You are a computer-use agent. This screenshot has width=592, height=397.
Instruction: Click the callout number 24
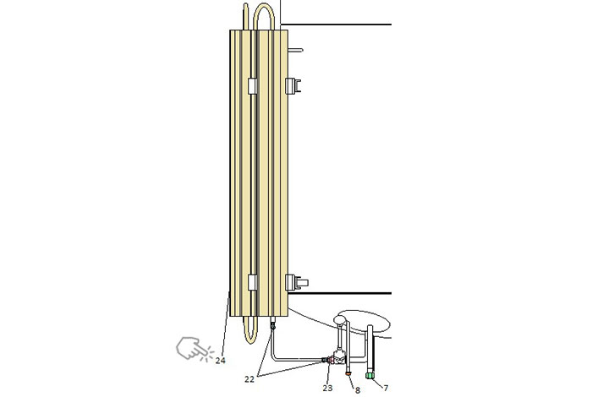pyautogui.click(x=221, y=361)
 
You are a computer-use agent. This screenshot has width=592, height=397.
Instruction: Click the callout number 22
pyautogui.click(x=249, y=379)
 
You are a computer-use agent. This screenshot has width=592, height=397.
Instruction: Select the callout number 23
pyautogui.click(x=327, y=388)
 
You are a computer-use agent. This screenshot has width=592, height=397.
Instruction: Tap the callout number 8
pyautogui.click(x=358, y=390)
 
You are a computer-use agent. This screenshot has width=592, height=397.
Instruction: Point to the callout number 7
pyautogui.click(x=386, y=388)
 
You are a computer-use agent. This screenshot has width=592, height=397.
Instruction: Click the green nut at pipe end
pyautogui.click(x=370, y=376)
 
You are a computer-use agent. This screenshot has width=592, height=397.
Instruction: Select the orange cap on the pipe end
pyautogui.click(x=348, y=373)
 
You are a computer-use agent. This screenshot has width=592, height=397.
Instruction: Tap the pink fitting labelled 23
pyautogui.click(x=331, y=361)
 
